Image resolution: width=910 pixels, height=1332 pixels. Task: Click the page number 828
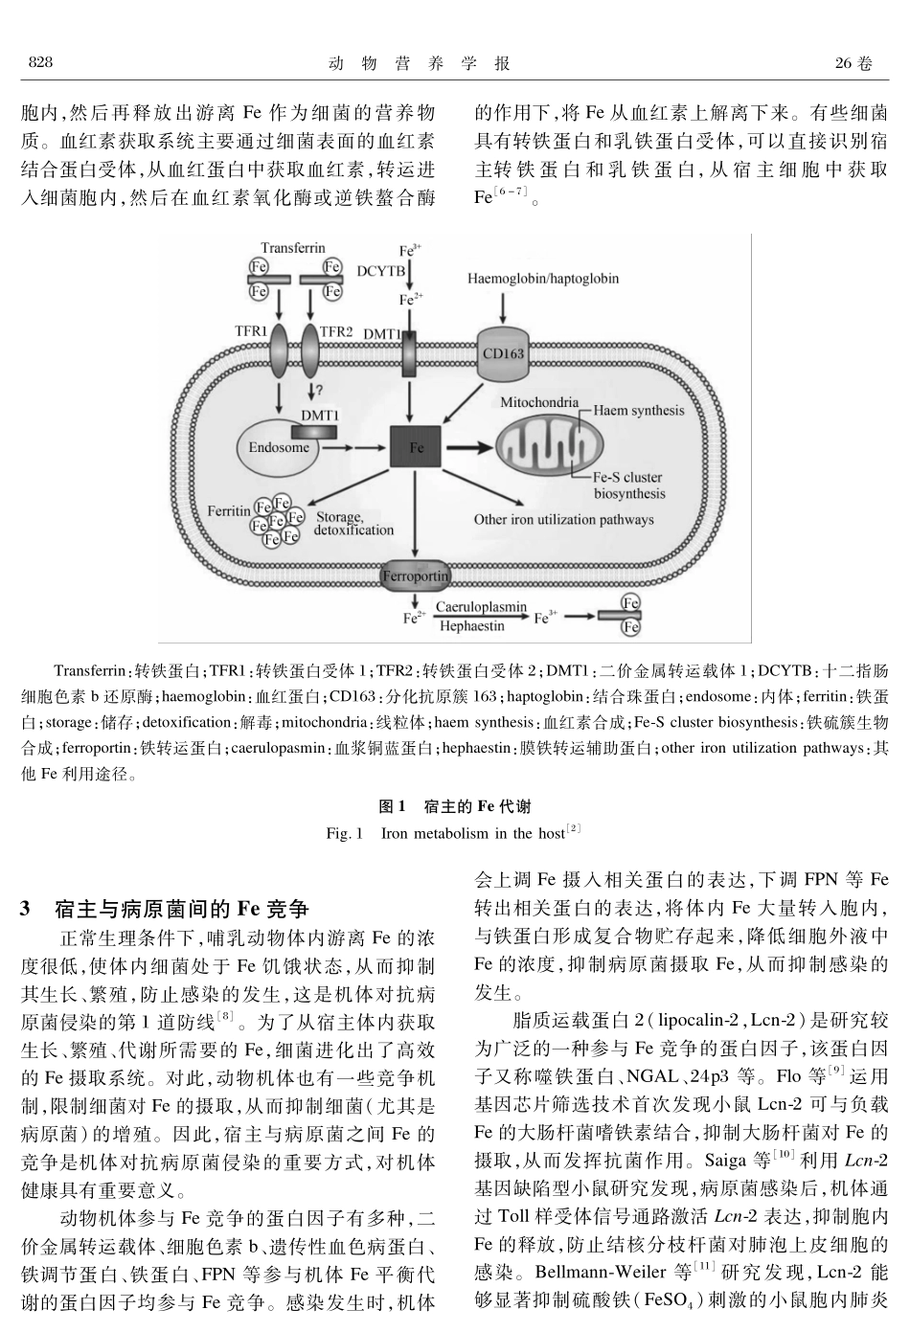[39, 63]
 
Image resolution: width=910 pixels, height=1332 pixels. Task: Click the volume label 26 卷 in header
[853, 63]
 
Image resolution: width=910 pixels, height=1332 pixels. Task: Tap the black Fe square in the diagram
[415, 447]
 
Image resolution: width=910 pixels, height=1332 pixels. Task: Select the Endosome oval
[279, 447]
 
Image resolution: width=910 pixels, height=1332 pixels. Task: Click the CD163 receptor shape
[503, 353]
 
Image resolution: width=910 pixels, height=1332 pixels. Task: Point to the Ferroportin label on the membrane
[415, 576]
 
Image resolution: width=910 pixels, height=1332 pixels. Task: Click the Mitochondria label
[539, 402]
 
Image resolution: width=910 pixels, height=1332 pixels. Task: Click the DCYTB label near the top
[380, 271]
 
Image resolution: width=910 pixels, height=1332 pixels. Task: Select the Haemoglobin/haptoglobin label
[542, 279]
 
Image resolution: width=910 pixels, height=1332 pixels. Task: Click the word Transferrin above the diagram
[292, 247]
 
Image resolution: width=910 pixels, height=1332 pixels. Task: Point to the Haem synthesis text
[638, 411]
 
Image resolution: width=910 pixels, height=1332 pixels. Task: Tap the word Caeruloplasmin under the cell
[481, 607]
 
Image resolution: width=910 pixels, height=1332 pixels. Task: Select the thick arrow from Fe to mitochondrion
[469, 447]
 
